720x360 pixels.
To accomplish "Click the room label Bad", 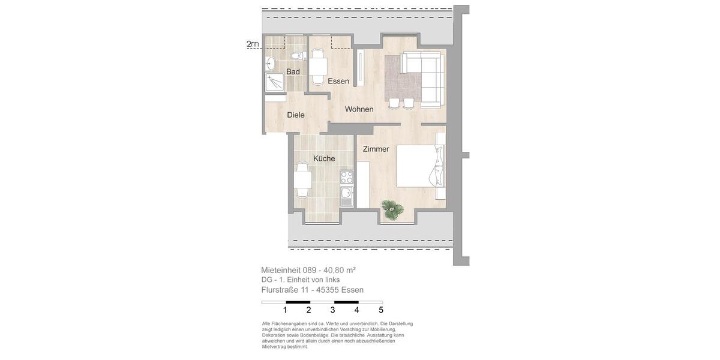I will [x=293, y=72].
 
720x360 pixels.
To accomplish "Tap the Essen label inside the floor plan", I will [x=338, y=81].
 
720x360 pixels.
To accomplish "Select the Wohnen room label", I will [x=359, y=109].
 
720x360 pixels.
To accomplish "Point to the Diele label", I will [x=295, y=115].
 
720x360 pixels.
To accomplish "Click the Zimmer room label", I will [x=376, y=149].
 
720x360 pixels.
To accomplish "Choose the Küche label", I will [x=324, y=158].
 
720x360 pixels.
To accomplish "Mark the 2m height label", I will [x=253, y=44].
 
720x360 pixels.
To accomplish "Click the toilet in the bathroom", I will [x=296, y=56].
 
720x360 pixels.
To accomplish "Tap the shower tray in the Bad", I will [x=275, y=82].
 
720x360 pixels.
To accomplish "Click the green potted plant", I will [x=393, y=209].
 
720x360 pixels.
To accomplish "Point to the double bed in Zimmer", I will [x=420, y=166].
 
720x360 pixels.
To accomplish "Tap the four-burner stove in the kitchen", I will [x=347, y=177].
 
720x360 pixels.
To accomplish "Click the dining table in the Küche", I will [x=302, y=180].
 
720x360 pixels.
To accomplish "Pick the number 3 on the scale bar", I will [x=332, y=310].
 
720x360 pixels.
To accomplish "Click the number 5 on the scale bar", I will [x=380, y=310].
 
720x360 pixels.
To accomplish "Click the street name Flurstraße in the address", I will [x=280, y=290].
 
